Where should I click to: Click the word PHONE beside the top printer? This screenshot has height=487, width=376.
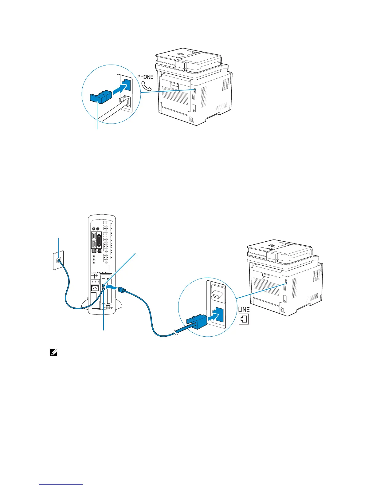[x=145, y=77]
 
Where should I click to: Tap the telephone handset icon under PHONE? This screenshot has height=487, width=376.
[x=147, y=86]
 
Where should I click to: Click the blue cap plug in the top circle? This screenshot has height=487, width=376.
[x=100, y=96]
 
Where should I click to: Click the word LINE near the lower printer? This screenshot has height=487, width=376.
[x=244, y=309]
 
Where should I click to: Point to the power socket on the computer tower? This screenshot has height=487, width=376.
[x=95, y=288]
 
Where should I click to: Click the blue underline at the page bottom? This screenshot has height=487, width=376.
[x=61, y=484]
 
